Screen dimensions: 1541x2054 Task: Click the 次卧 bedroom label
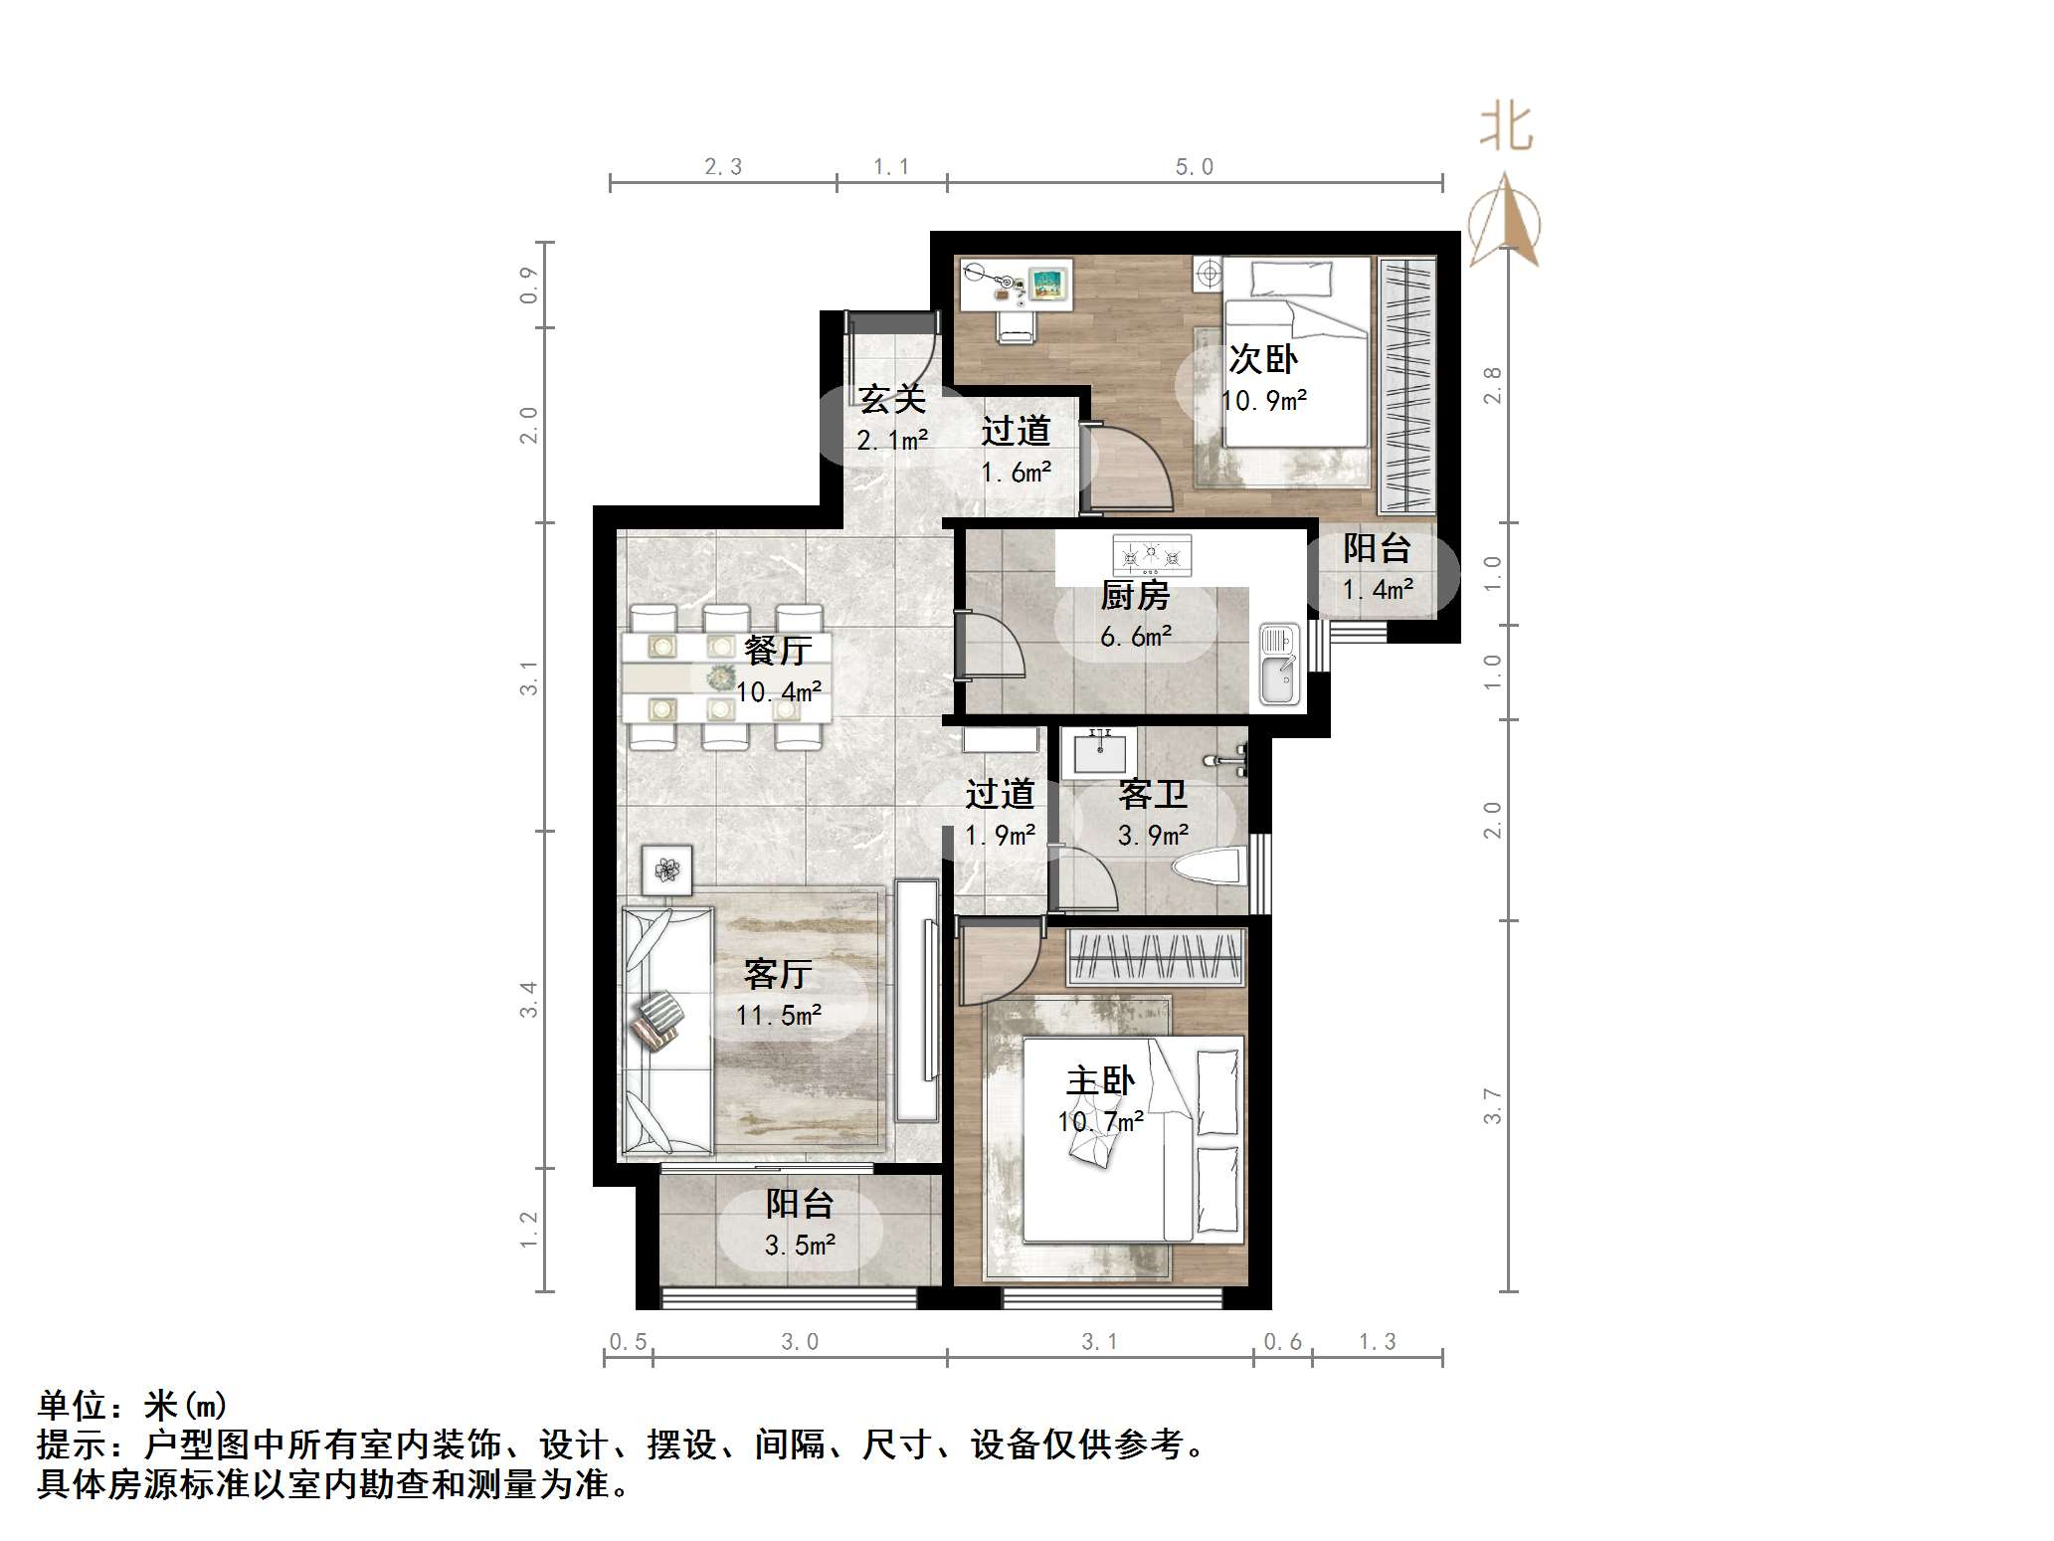pos(1263,359)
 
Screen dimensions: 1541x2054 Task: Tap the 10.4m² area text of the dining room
pos(779,691)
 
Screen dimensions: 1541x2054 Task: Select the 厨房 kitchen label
pos(1135,596)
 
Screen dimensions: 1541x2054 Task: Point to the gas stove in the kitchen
pos(1152,555)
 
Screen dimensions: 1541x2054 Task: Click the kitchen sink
pos(1279,665)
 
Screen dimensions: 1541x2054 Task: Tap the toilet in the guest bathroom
pos(1211,866)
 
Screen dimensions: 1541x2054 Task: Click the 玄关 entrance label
pos(892,399)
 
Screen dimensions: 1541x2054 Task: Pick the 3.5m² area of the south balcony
pos(800,1246)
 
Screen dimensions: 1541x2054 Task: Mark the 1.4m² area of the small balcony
pos(1378,590)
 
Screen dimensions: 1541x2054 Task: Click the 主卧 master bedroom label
pos(1100,1080)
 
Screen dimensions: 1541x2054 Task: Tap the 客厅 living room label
pos(778,974)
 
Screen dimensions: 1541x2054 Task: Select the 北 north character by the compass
pos(1506,128)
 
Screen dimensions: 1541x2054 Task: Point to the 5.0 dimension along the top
pos(1194,167)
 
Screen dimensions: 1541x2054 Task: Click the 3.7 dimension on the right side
pos(1492,1106)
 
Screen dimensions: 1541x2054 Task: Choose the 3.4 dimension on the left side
pos(528,999)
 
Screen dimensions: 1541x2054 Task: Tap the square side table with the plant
pos(666,870)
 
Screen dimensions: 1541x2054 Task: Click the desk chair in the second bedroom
pos(1017,325)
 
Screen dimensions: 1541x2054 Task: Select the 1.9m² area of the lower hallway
pos(1000,836)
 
